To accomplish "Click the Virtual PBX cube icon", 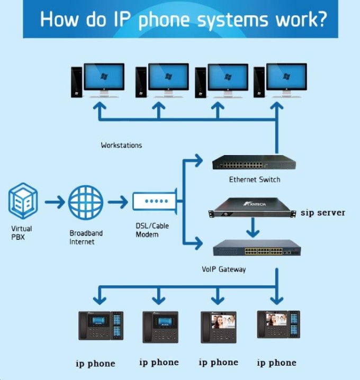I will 23,201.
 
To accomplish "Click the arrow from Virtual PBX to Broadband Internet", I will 54,202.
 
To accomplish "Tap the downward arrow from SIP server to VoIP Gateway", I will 254,228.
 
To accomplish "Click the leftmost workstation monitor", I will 104,78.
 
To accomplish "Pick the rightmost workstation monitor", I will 286,78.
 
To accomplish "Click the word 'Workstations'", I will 121,144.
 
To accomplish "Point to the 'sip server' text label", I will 322,212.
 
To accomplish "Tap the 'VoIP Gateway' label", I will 224,269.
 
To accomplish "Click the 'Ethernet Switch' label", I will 254,179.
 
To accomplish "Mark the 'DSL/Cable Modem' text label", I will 152,230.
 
